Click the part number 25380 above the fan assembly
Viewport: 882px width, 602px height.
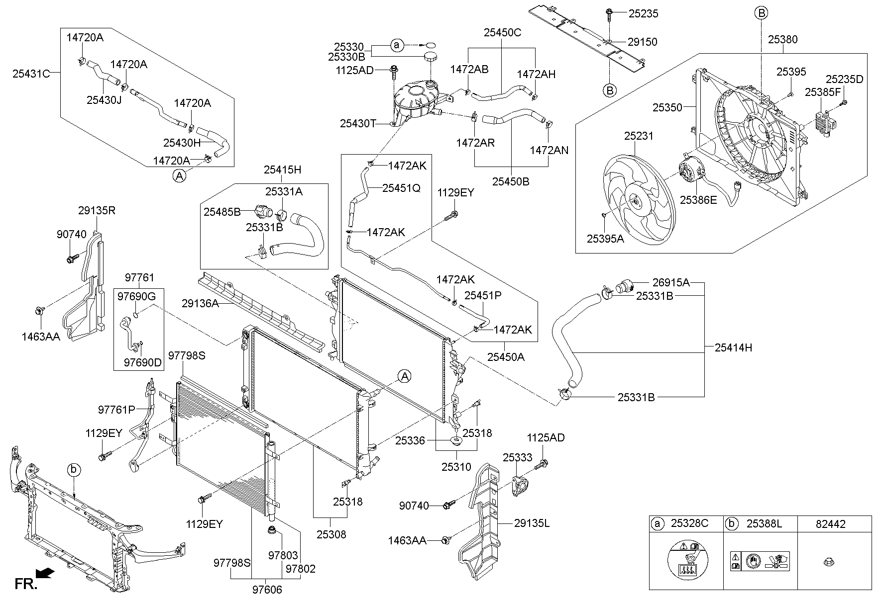[783, 39]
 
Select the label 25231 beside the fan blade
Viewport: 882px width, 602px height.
[639, 136]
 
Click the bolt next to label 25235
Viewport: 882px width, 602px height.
[609, 13]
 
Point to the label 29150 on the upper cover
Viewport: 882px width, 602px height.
[642, 42]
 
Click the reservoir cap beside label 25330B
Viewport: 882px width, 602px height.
[431, 56]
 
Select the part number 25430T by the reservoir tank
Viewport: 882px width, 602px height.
[358, 123]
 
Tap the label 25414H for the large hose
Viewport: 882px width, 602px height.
[733, 348]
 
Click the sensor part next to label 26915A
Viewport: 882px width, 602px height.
[623, 287]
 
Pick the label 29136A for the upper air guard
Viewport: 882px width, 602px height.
[200, 303]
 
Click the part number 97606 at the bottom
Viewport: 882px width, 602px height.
[267, 590]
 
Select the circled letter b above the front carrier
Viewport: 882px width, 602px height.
[74, 469]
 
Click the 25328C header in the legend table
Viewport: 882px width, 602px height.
[688, 523]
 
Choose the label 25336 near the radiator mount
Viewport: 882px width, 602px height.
[410, 440]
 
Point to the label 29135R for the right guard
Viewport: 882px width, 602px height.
[97, 210]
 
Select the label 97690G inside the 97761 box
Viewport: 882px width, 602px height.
[136, 297]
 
